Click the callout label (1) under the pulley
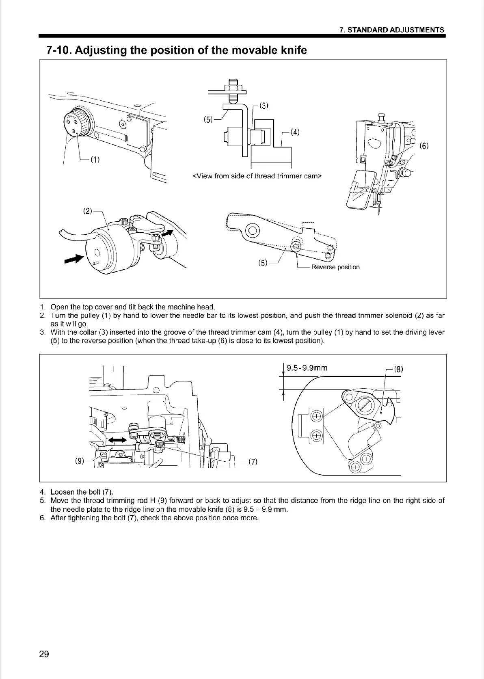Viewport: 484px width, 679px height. click(x=95, y=159)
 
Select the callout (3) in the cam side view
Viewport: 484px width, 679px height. click(x=264, y=106)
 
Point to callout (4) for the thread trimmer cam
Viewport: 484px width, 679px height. click(x=295, y=132)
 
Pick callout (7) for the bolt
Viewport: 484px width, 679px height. click(x=253, y=462)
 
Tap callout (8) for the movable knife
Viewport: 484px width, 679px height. click(x=398, y=370)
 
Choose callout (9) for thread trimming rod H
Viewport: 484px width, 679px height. click(x=80, y=461)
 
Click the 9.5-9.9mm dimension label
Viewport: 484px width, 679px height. click(x=307, y=368)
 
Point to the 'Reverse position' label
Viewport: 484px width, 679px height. click(x=335, y=267)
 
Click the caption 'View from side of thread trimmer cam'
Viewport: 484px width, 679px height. click(x=257, y=176)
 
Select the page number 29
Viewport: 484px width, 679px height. click(x=44, y=654)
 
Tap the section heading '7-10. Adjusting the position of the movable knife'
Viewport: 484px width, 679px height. click(x=177, y=50)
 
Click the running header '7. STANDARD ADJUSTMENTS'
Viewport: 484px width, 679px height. click(x=392, y=30)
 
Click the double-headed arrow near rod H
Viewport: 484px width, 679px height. click(x=117, y=438)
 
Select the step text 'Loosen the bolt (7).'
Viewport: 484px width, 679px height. click(x=82, y=493)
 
